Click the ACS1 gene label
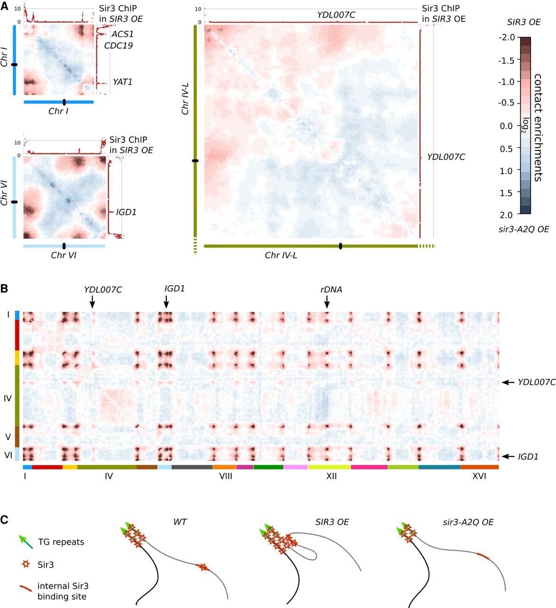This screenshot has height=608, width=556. coord(123,34)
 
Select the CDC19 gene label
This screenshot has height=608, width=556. coord(119,46)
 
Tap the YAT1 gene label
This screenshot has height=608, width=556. coord(122,82)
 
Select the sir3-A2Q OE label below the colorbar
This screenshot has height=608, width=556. coord(524,229)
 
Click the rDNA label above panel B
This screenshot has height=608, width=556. coord(331,289)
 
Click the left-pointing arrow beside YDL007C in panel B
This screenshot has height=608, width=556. coord(509,382)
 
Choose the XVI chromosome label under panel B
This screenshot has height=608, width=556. coord(479,476)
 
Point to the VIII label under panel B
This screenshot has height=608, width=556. coord(226,476)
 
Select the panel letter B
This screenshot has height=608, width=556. coord(4,288)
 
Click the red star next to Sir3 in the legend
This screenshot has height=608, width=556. coord(26,565)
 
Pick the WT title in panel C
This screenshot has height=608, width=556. coord(180,522)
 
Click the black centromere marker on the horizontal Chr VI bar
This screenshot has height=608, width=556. coord(64,246)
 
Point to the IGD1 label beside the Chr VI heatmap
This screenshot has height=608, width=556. coord(126,212)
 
